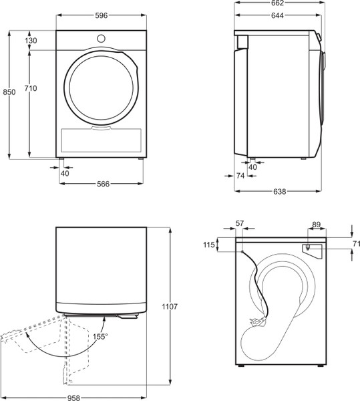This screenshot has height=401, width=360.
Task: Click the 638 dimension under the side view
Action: click(279, 192)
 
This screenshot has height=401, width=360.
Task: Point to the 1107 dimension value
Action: click(169, 307)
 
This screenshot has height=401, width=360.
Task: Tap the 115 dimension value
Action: click(210, 245)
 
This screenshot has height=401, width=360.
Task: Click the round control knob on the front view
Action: click(101, 37)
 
